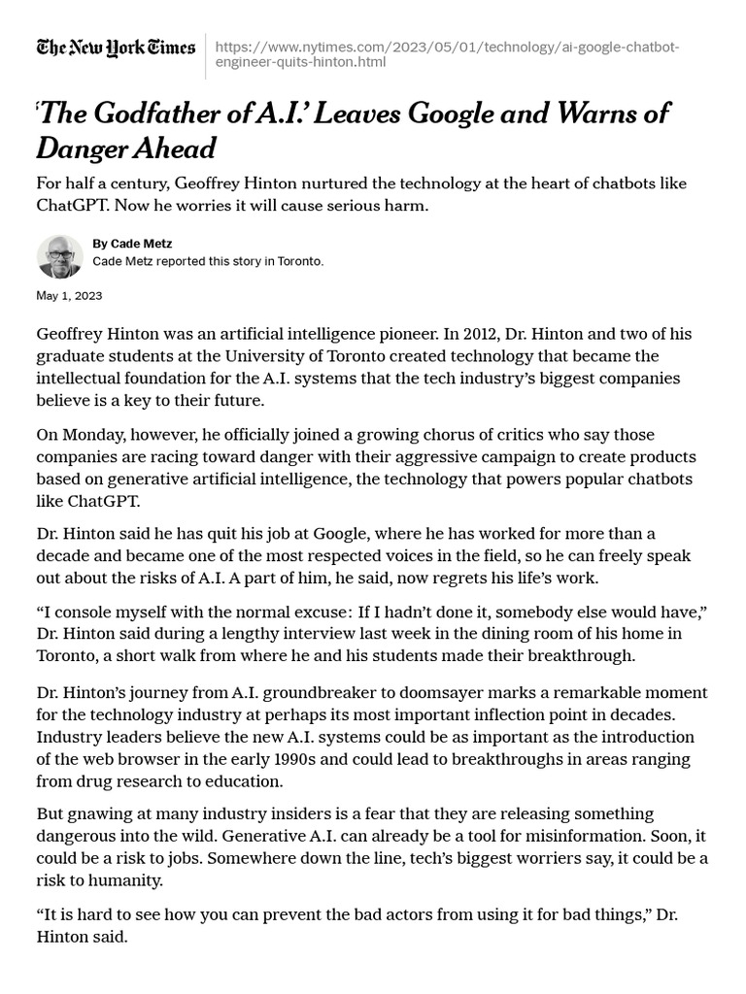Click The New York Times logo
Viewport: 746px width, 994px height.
(x=116, y=48)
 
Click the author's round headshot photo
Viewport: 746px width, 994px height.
(x=59, y=256)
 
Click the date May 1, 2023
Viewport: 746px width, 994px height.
(x=69, y=295)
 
